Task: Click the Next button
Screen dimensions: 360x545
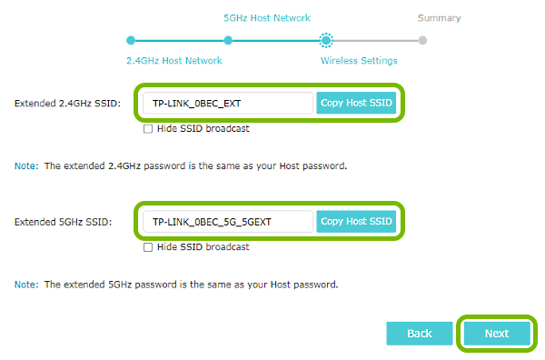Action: [496, 334]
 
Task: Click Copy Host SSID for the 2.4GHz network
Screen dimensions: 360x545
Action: [357, 103]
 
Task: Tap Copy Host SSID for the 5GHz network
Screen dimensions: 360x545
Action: [357, 221]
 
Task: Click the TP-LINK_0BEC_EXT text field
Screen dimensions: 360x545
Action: [227, 103]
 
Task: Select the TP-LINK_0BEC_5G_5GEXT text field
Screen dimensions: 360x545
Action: [227, 221]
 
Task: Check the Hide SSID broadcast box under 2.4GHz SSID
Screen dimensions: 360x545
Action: [148, 129]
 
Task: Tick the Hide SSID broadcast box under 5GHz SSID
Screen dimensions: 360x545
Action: [148, 247]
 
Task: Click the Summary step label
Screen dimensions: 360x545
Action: [439, 18]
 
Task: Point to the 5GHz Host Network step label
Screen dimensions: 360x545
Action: [266, 18]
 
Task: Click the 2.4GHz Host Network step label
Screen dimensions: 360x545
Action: [173, 61]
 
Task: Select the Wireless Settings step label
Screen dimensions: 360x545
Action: [359, 61]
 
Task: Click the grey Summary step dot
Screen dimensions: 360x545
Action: [422, 40]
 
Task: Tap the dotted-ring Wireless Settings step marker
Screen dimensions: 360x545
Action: [326, 40]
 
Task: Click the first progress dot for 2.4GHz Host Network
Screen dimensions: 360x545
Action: [131, 40]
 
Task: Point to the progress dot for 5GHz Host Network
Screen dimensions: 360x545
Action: [228, 40]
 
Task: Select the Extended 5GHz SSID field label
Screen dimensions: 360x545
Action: [63, 222]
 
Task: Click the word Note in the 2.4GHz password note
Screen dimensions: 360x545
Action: [25, 166]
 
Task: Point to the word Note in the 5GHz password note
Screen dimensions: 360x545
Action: [25, 285]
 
